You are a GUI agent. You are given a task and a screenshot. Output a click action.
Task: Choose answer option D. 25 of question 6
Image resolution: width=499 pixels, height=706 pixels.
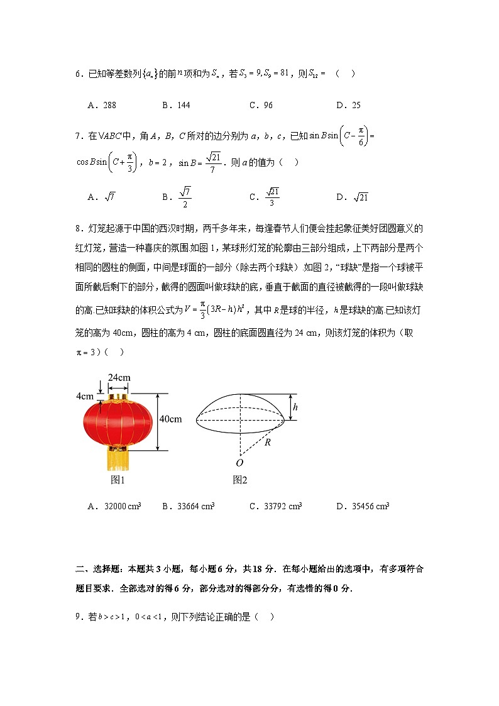tap(348, 106)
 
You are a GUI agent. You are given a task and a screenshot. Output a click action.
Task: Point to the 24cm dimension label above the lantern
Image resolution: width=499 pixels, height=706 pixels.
tap(119, 377)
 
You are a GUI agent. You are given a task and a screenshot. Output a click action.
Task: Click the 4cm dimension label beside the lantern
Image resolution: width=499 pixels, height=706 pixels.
tap(84, 397)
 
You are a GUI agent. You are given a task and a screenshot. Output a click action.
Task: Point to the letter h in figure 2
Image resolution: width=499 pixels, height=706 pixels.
tap(295, 407)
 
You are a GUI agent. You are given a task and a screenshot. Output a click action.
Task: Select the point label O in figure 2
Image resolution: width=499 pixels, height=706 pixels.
tap(239, 463)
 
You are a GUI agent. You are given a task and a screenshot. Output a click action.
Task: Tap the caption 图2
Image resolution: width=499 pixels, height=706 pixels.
tap(240, 480)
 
